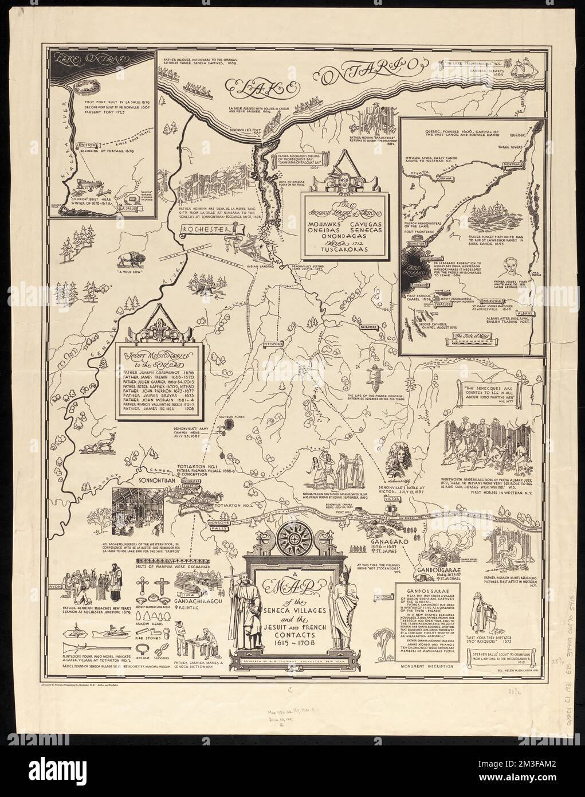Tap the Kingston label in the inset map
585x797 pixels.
pyautogui.click(x=421, y=260)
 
